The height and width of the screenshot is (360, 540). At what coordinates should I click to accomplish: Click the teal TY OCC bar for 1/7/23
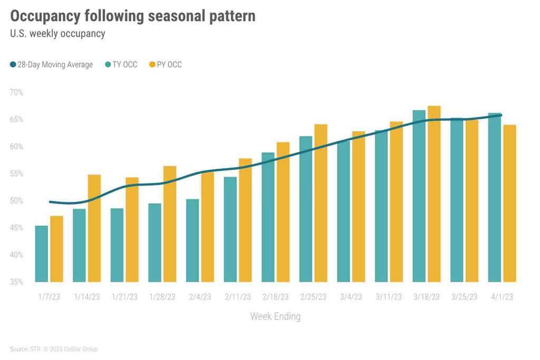[x=42, y=254]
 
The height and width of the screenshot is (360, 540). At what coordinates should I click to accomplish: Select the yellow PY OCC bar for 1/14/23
[x=94, y=228]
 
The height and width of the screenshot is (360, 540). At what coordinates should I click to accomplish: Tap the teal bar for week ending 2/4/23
[x=192, y=240]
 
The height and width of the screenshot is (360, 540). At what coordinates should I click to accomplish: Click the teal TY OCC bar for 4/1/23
[x=495, y=198]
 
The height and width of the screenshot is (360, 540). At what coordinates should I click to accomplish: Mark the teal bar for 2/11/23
[x=230, y=229]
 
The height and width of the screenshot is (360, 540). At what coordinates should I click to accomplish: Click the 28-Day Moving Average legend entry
[x=51, y=65]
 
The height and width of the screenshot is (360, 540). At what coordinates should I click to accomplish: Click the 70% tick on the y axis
[x=16, y=93]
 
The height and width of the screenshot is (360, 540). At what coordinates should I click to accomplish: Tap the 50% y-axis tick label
[x=16, y=201]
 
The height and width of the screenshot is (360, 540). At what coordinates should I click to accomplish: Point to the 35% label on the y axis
[x=16, y=282]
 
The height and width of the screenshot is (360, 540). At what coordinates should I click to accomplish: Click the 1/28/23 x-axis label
[x=162, y=297]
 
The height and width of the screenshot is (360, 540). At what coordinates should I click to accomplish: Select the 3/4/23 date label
[x=350, y=297]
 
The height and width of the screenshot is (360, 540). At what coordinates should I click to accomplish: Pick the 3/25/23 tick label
[x=464, y=297]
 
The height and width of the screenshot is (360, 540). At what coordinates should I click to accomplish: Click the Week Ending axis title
[x=275, y=317]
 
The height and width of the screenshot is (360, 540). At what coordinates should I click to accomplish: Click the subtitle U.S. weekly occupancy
[x=57, y=34]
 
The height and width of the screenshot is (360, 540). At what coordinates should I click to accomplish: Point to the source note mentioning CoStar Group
[x=54, y=349]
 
